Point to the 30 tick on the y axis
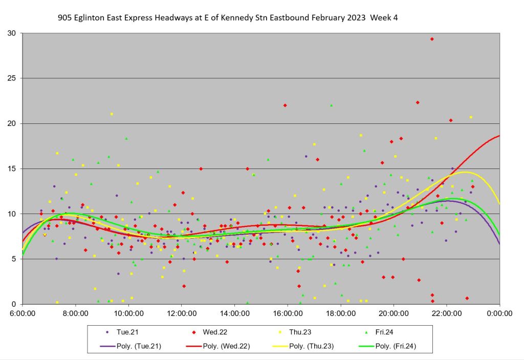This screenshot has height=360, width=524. [x=11, y=33]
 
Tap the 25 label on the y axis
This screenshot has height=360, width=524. [x=11, y=78]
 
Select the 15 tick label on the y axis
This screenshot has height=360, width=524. [x=11, y=168]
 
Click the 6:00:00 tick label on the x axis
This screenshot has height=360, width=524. [x=23, y=312]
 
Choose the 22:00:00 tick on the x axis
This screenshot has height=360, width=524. [x=447, y=312]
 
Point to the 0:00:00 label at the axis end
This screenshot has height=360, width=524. [x=500, y=312]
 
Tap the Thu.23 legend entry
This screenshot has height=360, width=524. [x=313, y=332]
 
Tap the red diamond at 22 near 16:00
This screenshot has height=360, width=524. [x=285, y=105]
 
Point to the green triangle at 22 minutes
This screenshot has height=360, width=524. [x=332, y=105]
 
